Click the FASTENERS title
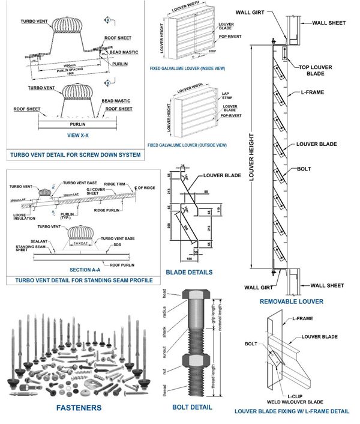tap(79, 408)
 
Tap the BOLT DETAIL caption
tap(192, 407)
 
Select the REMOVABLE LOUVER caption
tap(292, 301)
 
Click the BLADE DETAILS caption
tap(189, 272)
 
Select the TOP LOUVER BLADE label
tap(316, 70)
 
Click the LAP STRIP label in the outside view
tap(227, 96)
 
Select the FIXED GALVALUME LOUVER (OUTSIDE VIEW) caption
tap(187, 145)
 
